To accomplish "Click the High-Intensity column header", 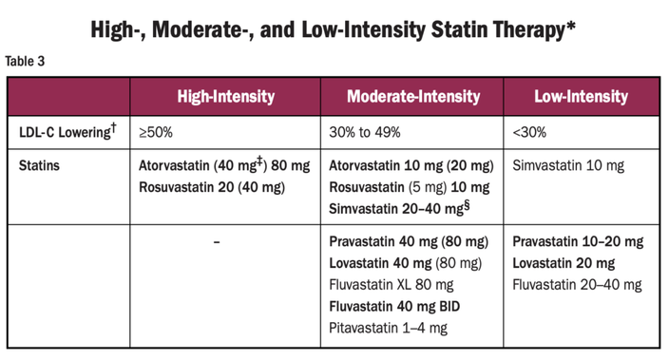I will point(225,96).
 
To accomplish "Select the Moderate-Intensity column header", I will point(412,96).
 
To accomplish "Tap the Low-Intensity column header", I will point(581,96).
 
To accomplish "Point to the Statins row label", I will point(41,165).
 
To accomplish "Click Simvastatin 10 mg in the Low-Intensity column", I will point(567,165).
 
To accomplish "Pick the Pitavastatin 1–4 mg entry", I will point(388,328).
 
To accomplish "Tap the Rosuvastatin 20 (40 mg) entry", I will point(212,186).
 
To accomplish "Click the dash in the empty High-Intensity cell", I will point(217,242).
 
